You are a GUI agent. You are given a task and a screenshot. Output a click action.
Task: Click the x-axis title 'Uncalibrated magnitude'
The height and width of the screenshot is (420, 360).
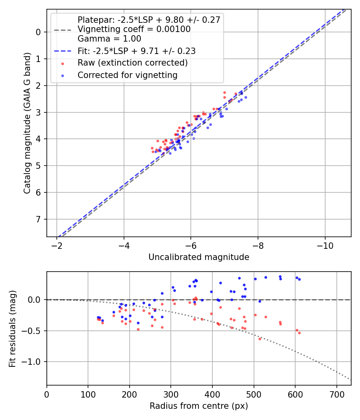click(199, 257)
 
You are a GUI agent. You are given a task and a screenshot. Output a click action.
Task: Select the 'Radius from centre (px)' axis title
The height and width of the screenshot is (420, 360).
click(199, 406)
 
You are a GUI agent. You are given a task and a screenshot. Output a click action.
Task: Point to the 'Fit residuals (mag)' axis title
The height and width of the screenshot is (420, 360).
click(12, 328)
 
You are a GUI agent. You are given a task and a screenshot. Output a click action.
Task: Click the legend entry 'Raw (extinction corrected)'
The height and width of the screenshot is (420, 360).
click(132, 63)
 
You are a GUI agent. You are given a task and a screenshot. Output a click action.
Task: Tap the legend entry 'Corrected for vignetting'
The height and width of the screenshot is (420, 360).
click(127, 75)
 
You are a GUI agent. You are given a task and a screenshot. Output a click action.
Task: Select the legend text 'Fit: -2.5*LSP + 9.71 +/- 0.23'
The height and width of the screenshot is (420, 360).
click(136, 51)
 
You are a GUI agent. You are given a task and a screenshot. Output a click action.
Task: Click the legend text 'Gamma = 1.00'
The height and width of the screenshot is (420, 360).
click(109, 39)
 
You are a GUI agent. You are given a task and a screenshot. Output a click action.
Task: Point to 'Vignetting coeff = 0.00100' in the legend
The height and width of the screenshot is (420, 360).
click(134, 29)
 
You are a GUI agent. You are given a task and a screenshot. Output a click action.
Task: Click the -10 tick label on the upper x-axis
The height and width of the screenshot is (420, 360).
click(325, 245)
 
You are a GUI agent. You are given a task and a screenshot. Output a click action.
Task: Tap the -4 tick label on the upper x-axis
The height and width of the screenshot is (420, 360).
click(124, 245)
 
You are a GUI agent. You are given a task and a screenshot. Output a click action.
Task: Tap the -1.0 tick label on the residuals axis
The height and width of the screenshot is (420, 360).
click(34, 362)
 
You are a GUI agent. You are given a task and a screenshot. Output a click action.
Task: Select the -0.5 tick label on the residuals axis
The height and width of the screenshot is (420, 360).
click(34, 331)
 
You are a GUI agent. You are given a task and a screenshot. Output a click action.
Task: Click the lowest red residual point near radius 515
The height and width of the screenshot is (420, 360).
click(260, 339)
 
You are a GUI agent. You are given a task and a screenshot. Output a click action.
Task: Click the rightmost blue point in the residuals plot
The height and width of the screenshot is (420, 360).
click(299, 279)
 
